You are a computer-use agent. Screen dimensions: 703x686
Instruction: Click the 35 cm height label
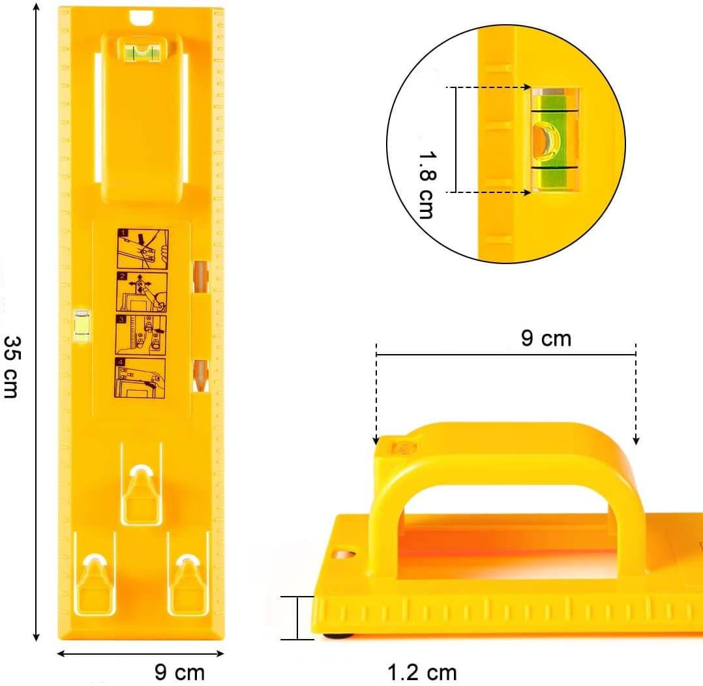click(11, 367)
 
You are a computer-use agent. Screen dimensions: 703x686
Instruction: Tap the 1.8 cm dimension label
click(427, 185)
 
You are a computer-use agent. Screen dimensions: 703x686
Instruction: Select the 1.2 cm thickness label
click(422, 672)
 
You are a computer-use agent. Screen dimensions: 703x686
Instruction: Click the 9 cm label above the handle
click(546, 338)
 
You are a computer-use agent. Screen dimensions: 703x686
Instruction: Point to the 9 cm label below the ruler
click(179, 672)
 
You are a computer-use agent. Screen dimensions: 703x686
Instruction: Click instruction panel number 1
click(143, 249)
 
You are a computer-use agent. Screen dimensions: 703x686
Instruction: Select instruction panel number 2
click(142, 291)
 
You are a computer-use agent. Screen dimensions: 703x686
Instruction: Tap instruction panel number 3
click(141, 335)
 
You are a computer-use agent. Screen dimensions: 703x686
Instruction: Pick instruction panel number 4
click(140, 378)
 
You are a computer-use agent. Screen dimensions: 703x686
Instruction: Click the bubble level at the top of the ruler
click(142, 50)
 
